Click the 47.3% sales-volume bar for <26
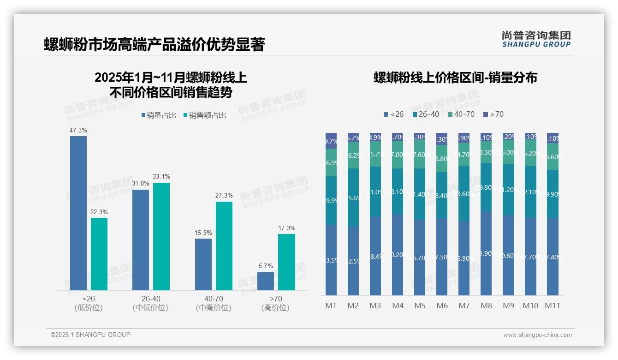point(78,213)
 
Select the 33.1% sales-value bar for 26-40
point(161,236)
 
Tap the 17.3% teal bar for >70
point(286,262)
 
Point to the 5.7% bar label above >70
point(266,266)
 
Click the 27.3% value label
point(224,196)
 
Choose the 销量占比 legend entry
point(159,115)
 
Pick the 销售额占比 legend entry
point(205,115)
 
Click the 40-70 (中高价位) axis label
point(213,303)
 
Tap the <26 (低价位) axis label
point(88,303)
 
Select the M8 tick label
point(486,306)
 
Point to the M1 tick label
point(331,306)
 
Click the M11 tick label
point(553,306)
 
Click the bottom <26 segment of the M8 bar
point(486,253)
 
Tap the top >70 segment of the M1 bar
point(331,141)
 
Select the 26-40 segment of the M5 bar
point(420,194)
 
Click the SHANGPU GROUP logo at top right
point(536,39)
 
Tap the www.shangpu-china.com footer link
point(537,335)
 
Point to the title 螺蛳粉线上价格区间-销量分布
point(455,78)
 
